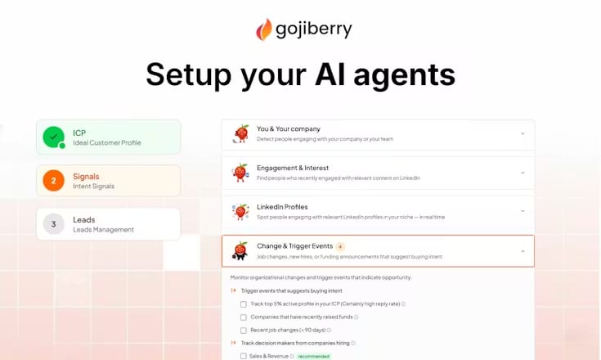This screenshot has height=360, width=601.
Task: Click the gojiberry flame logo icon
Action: click(264, 29)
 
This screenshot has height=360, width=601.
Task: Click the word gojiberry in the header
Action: click(313, 29)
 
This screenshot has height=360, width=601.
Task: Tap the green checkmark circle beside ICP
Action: click(54, 137)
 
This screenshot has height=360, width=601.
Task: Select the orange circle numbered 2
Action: click(54, 181)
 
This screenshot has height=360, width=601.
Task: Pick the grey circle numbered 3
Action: click(54, 224)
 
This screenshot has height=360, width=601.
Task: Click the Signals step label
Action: click(87, 176)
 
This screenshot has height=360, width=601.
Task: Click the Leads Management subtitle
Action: click(103, 230)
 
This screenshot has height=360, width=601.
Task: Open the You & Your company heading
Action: click(277, 128)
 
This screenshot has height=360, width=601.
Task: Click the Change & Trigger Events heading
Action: click(283, 246)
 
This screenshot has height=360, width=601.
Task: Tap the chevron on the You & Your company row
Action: click(523, 133)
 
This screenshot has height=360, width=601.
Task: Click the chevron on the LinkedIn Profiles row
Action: click(523, 211)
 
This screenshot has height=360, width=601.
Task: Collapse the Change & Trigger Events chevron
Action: click(523, 251)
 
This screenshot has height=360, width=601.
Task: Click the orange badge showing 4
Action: click(340, 246)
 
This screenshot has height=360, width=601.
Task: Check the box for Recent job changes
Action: click(243, 330)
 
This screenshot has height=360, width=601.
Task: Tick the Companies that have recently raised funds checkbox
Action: click(243, 317)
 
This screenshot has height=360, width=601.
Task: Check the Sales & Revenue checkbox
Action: click(243, 356)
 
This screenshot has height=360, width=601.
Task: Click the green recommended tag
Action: click(315, 356)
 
